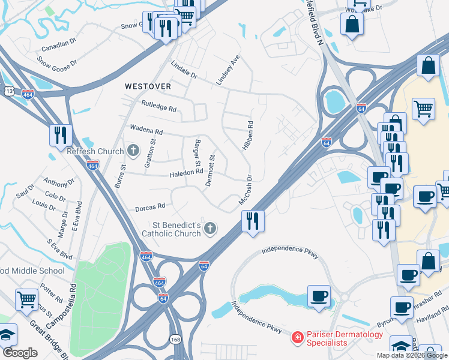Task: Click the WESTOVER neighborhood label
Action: coord(148,86)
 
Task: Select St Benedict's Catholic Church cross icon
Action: coord(209,227)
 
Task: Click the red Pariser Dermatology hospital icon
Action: coord(297,338)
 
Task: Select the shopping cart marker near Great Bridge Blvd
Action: coord(26,299)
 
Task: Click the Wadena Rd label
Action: coord(146,130)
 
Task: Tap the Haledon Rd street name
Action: coord(186,172)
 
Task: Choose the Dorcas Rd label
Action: coord(149,206)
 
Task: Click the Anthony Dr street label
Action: coord(58,182)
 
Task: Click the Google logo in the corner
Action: coord(20,352)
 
